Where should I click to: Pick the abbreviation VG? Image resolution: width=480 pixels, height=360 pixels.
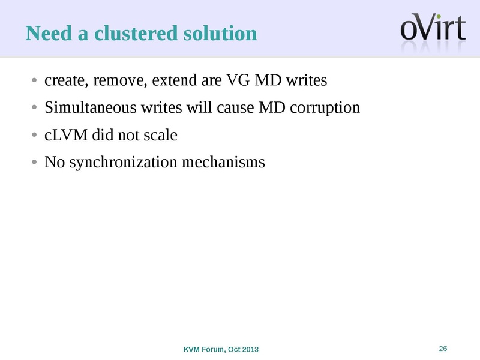(238, 80)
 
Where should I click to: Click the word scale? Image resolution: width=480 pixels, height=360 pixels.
(160, 135)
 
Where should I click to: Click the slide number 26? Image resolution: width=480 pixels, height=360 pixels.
(444, 349)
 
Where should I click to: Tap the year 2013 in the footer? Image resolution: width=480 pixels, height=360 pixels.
(250, 350)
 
